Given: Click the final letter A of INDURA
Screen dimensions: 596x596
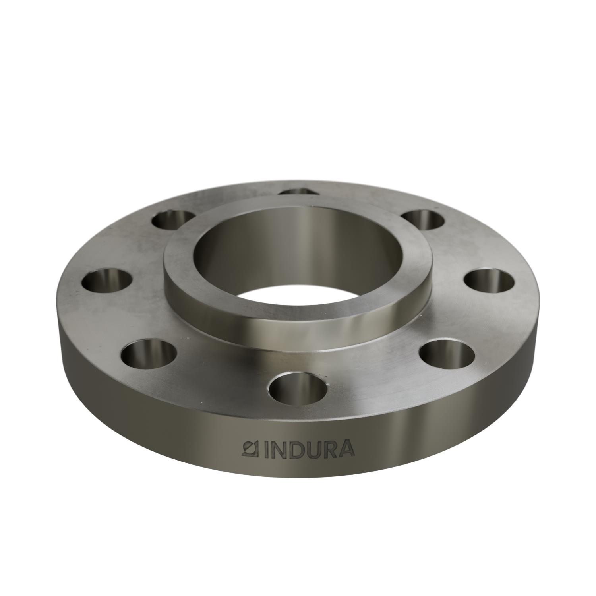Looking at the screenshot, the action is click(x=344, y=449).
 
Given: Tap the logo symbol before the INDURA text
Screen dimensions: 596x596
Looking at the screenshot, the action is click(x=250, y=449).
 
